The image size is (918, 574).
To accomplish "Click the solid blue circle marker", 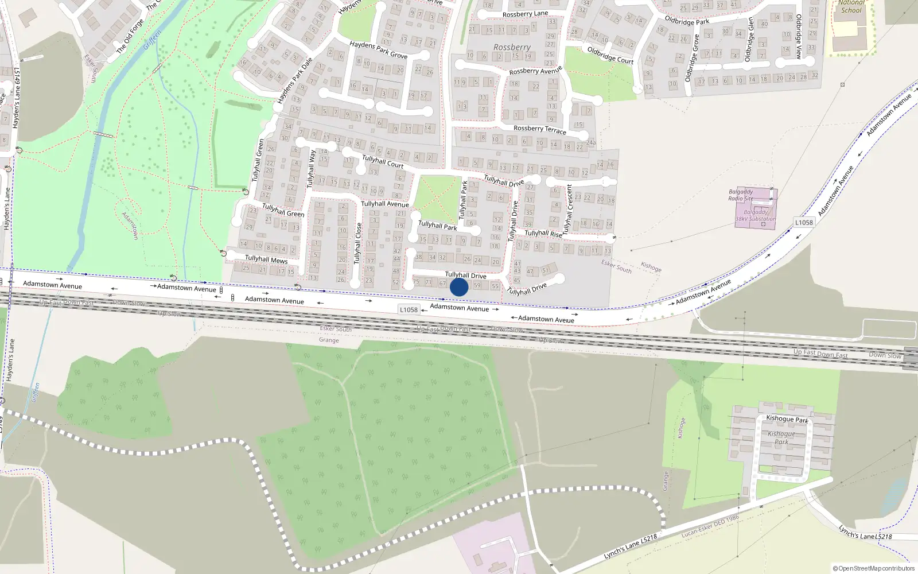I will (x=458, y=287).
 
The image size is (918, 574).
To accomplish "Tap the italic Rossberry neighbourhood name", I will (x=512, y=47).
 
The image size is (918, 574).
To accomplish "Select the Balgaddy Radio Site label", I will (x=741, y=195).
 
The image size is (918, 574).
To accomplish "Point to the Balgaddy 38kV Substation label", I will (x=756, y=215).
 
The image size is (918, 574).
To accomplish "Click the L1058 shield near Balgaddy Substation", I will (x=804, y=222).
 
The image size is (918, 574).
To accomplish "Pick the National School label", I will (x=851, y=7).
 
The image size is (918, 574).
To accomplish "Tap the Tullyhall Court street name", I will (x=383, y=162).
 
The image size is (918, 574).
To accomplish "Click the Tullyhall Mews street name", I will (x=266, y=259).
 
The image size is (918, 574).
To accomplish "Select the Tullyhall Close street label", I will (x=359, y=243).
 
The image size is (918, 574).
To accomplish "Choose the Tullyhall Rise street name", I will (x=543, y=234).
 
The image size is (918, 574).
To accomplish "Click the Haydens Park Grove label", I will (x=379, y=50).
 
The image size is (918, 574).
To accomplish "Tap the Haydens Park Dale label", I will (x=294, y=81).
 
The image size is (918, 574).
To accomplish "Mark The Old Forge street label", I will (x=130, y=37).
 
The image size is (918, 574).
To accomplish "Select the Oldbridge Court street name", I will (x=610, y=55).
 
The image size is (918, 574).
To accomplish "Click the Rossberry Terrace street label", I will (x=539, y=130).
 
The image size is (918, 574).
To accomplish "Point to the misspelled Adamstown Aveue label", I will (x=546, y=319).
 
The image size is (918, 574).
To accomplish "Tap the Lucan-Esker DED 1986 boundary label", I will (x=710, y=526).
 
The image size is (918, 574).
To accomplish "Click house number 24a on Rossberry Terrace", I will (x=590, y=142).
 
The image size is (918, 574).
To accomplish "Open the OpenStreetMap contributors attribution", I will (x=874, y=568).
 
